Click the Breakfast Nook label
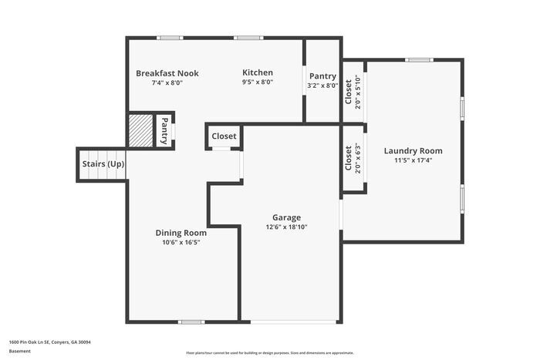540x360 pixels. click(167, 73)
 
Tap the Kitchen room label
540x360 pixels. click(258, 72)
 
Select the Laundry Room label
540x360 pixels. click(413, 150)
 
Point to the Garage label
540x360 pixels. click(286, 217)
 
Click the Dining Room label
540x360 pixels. click(181, 233)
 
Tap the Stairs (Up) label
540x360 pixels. click(103, 164)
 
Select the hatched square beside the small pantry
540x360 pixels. click(140, 130)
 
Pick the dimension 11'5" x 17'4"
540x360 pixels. click(413, 160)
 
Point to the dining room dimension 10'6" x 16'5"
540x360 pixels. click(181, 242)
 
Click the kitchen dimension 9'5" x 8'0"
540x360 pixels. click(258, 82)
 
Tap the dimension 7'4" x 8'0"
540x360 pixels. click(167, 82)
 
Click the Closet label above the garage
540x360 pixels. click(224, 136)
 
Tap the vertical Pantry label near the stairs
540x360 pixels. click(164, 130)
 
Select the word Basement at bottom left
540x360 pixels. click(20, 351)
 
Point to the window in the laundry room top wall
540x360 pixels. click(419, 59)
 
